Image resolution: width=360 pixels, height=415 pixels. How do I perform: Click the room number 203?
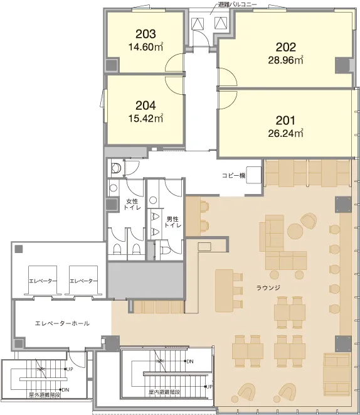(146, 34)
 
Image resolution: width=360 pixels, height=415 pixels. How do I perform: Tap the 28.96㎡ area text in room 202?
(285, 60)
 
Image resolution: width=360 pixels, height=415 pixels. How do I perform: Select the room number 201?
(285, 121)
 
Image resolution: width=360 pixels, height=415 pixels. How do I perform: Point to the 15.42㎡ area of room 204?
(146, 118)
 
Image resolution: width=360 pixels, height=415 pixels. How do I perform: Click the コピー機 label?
(234, 175)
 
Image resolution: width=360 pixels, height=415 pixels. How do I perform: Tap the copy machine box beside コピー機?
(254, 175)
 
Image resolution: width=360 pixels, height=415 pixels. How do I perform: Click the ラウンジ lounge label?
(268, 288)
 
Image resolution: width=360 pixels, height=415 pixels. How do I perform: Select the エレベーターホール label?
(62, 323)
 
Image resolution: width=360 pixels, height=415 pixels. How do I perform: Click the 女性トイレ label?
(132, 204)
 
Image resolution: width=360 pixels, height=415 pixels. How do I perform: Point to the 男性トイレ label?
(173, 222)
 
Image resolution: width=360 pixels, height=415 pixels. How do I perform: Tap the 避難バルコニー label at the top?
(237, 4)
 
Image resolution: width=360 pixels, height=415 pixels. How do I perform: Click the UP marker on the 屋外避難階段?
(70, 369)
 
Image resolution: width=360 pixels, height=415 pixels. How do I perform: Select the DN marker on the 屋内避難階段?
(190, 361)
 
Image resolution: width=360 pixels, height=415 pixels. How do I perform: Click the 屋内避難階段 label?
(164, 392)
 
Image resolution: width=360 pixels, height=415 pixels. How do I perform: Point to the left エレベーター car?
(43, 280)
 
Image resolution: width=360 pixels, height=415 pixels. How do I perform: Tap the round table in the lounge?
(295, 231)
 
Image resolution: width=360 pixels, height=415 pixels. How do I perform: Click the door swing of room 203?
(174, 63)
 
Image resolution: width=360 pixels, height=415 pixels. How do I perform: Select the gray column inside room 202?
(342, 65)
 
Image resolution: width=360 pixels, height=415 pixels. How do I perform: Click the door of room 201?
(227, 100)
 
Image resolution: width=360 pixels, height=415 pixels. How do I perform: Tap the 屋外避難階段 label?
(45, 395)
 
